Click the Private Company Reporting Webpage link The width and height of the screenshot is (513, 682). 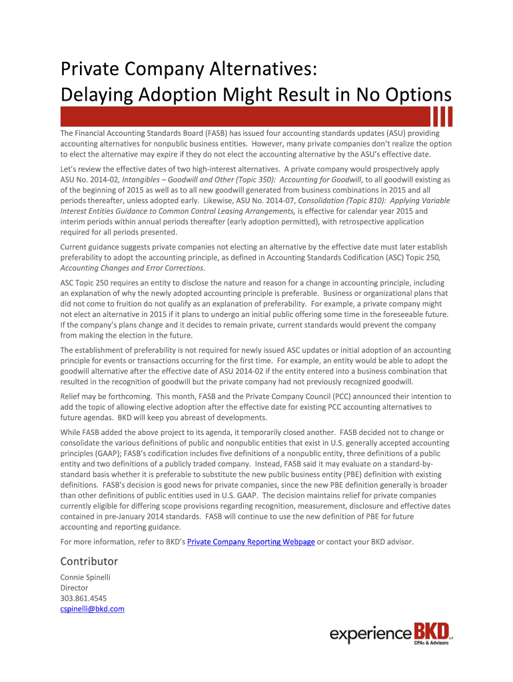pos(251,541)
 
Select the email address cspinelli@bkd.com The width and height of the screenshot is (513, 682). pos(93,609)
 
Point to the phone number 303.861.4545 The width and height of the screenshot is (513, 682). pos(83,598)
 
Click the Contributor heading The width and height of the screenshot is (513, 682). pos(89,561)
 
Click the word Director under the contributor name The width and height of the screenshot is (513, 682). pos(74,588)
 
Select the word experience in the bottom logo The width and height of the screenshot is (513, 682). pos(370,635)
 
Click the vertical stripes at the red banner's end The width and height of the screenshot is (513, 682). pos(442,116)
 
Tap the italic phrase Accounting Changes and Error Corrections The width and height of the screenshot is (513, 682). pos(132,268)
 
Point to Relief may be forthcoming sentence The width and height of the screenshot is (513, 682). pos(107,396)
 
